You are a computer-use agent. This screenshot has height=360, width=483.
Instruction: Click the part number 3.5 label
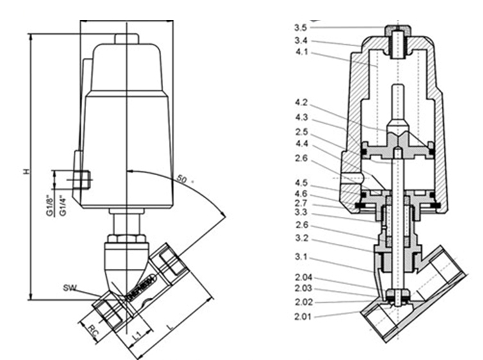pos(300,28)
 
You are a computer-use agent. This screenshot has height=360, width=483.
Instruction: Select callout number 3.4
pos(300,40)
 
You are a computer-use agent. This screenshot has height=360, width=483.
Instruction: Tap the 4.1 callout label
pos(300,53)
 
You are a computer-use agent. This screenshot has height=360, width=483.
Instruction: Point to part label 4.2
pos(300,102)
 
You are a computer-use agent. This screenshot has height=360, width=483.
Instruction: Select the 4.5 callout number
pos(300,181)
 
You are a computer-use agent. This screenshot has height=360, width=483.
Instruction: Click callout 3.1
pos(300,257)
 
